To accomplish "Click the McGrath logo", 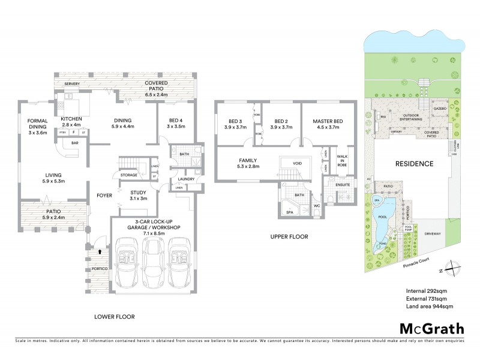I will click(x=431, y=328).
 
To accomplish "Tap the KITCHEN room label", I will click(x=73, y=119).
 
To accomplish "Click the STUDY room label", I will click(x=139, y=193).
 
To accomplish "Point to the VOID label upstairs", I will click(x=297, y=163).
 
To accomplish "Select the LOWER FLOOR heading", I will click(x=115, y=316).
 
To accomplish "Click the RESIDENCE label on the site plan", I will click(x=414, y=163).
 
